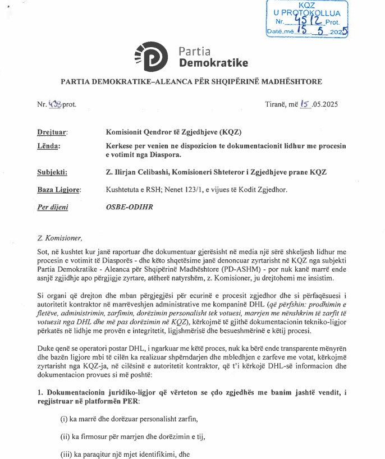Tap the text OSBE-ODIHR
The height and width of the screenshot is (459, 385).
coord(130,207)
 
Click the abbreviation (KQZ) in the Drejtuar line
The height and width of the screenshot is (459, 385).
coord(230,132)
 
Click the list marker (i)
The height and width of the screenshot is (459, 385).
coord(65,419)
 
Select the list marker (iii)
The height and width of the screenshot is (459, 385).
coord(67,455)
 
